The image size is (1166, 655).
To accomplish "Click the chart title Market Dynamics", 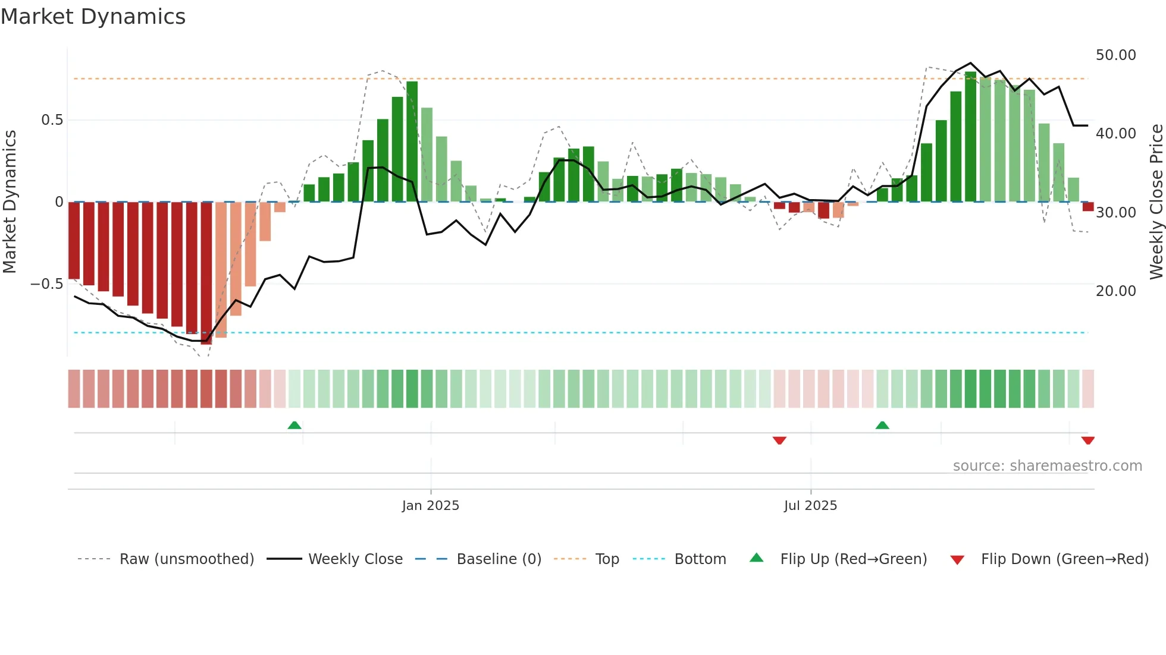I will pos(93,17).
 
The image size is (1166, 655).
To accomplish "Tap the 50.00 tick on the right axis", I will pos(1115,55).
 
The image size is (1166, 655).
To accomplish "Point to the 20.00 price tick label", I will pos(1115,291).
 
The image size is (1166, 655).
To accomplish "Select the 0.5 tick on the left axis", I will pos(52,120).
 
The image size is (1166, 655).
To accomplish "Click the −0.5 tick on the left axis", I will pos(46,284).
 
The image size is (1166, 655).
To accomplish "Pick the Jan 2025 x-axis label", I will pos(430,506).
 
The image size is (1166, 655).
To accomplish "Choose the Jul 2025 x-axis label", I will pos(810,506).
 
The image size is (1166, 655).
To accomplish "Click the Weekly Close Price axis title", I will pos(1156,202).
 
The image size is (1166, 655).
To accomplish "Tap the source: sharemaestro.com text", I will pos(1047,466).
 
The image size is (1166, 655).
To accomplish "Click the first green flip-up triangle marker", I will pos(294,425).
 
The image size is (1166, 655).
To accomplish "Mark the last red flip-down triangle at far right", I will pos(1088,440).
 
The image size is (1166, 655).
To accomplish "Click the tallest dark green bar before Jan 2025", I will pos(412,141).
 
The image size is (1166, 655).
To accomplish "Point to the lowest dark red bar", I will pos(206,273).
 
